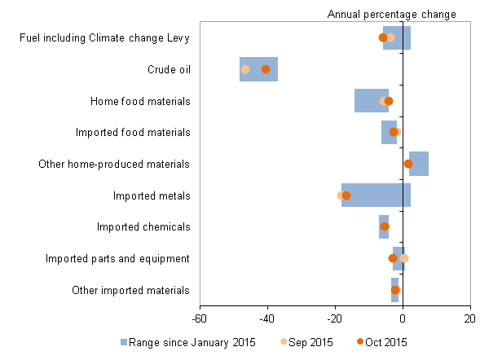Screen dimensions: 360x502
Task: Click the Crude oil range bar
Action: [258, 69]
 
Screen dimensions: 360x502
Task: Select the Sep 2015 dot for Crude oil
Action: [245, 69]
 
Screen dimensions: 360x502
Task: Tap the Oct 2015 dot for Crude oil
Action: [266, 69]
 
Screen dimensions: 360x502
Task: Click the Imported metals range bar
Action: [376, 195]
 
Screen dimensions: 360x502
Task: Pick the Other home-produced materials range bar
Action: [419, 164]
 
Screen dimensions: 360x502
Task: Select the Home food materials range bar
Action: [371, 101]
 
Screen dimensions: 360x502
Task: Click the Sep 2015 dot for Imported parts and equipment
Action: [404, 258]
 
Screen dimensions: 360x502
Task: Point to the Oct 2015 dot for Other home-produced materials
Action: [408, 164]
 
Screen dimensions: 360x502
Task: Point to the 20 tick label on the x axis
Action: [470, 318]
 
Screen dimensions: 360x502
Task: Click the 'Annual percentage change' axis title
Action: [391, 14]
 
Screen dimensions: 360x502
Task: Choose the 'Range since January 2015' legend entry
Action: [187, 342]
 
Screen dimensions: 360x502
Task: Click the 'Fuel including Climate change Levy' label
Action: [104, 37]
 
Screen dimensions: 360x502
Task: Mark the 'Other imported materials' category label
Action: [130, 290]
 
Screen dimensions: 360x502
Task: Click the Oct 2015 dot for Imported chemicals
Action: [385, 226]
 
